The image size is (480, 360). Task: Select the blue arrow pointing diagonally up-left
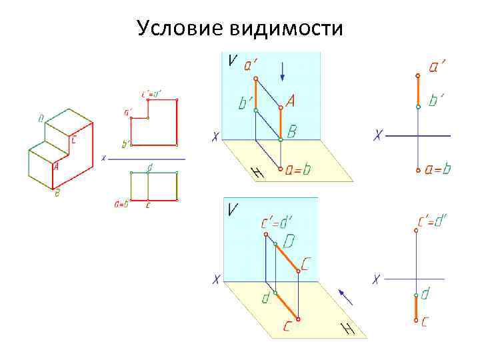[x=345, y=296]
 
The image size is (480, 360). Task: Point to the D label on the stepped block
[x=41, y=119]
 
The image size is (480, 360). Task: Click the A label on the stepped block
[x=56, y=167]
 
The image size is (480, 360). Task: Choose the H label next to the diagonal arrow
[x=347, y=329]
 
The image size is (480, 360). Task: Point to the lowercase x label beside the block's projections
[x=103, y=159]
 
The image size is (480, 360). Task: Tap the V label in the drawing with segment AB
[x=231, y=61]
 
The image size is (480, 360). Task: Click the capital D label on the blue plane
[x=291, y=239]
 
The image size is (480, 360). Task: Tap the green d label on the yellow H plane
[x=266, y=299]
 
